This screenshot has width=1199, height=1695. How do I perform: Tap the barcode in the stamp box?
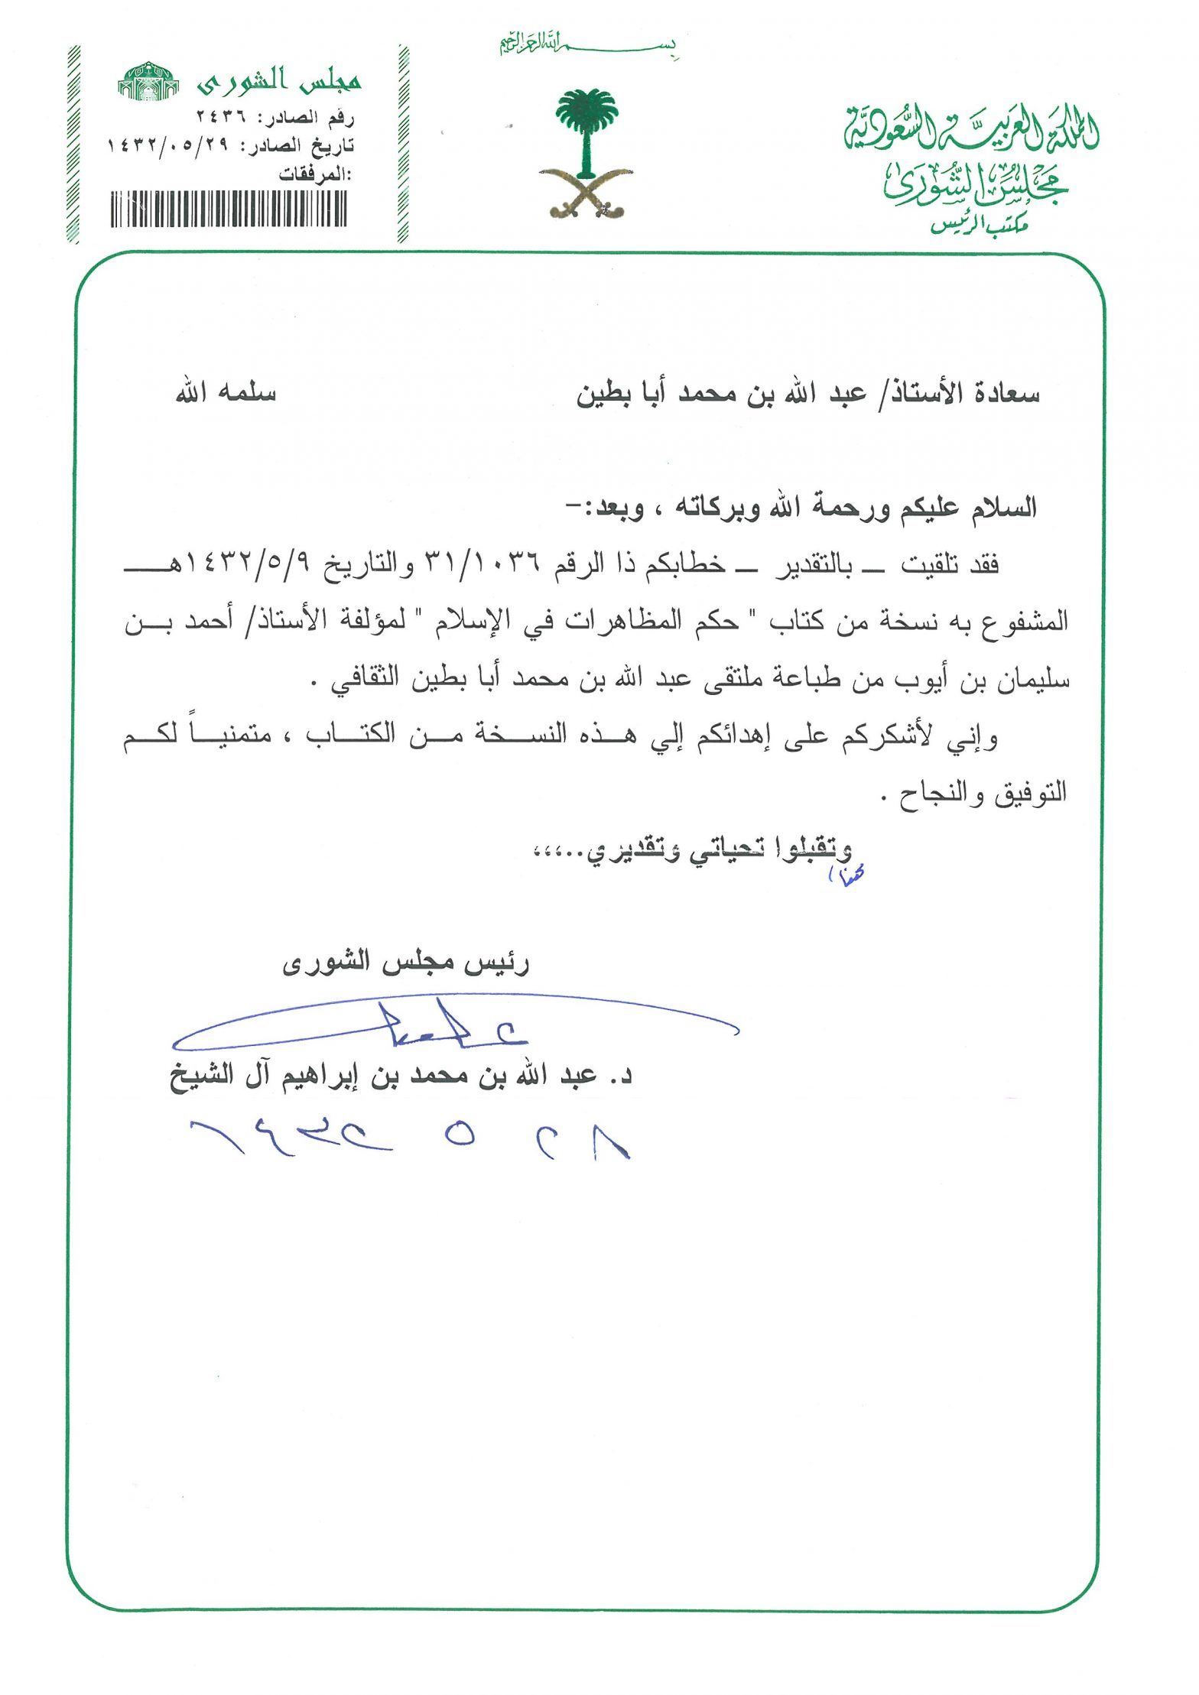[x=229, y=208]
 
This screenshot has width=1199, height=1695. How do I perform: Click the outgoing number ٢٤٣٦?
[x=221, y=117]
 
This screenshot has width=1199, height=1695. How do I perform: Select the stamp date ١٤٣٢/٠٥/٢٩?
[x=167, y=145]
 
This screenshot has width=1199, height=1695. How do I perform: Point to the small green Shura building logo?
[x=148, y=81]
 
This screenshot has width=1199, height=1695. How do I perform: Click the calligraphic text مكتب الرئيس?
[x=979, y=224]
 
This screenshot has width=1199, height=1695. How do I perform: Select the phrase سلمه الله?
[x=226, y=393]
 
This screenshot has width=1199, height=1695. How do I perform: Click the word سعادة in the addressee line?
[x=1006, y=394]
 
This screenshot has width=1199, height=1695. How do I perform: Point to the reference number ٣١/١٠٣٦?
[x=482, y=564]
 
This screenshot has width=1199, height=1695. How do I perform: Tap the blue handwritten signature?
[x=451, y=1024]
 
